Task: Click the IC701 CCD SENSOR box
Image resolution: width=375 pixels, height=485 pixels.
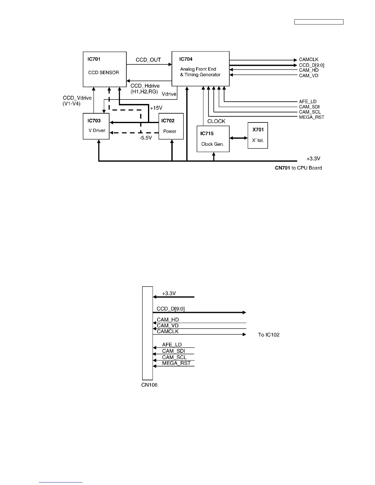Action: (x=104, y=69)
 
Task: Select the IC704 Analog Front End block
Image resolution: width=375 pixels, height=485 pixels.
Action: (x=200, y=69)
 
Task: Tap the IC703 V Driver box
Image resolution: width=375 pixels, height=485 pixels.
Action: (x=96, y=126)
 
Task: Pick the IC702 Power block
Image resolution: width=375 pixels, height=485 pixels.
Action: (x=171, y=126)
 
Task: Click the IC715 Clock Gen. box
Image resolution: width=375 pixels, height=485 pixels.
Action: (x=213, y=139)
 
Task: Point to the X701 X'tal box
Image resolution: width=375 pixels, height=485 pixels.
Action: (x=258, y=135)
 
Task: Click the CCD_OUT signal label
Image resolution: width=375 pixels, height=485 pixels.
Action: (x=148, y=60)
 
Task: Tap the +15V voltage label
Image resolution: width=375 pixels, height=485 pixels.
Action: (x=156, y=108)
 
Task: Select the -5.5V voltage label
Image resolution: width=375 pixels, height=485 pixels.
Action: (x=146, y=138)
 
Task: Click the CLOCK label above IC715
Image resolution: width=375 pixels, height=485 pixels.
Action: (x=216, y=121)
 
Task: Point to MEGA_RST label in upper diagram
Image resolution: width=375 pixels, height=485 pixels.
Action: (x=312, y=117)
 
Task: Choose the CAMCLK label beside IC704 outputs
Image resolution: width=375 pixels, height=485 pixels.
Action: (x=309, y=60)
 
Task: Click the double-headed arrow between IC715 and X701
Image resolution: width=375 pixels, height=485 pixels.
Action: (x=238, y=138)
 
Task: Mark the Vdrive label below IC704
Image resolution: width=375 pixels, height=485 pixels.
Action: (x=169, y=94)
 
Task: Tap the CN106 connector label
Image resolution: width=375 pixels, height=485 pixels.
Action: (x=149, y=385)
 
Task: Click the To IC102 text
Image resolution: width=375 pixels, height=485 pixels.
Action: (x=269, y=335)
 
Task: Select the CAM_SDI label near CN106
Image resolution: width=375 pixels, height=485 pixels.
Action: (x=173, y=351)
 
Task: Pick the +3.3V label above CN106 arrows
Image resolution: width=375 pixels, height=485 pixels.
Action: (x=169, y=293)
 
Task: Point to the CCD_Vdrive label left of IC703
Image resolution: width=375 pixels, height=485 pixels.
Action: (x=77, y=98)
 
